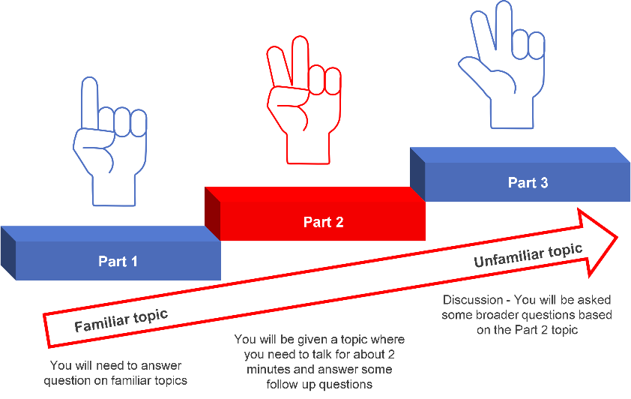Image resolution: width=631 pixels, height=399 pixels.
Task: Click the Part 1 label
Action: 118,262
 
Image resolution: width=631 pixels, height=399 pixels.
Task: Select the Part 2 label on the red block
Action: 323,222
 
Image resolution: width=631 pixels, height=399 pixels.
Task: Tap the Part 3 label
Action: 528,183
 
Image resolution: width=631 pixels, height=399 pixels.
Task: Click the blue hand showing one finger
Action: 102,142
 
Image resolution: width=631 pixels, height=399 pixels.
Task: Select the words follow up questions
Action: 319,385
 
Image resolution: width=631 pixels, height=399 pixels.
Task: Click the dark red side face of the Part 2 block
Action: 212,214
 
